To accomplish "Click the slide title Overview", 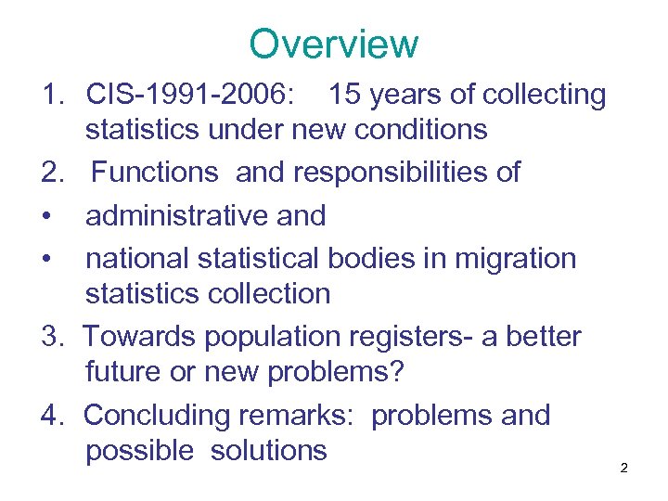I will click(334, 44).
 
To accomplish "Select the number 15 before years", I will click(347, 94).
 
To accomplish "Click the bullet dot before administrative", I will click(46, 216).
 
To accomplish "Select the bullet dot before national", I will click(46, 259).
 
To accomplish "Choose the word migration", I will click(515, 258).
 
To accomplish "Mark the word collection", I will click(269, 294).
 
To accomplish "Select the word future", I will click(126, 372).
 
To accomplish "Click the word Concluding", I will click(155, 416).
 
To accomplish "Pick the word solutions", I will click(269, 451).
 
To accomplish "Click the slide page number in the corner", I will click(623, 468).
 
